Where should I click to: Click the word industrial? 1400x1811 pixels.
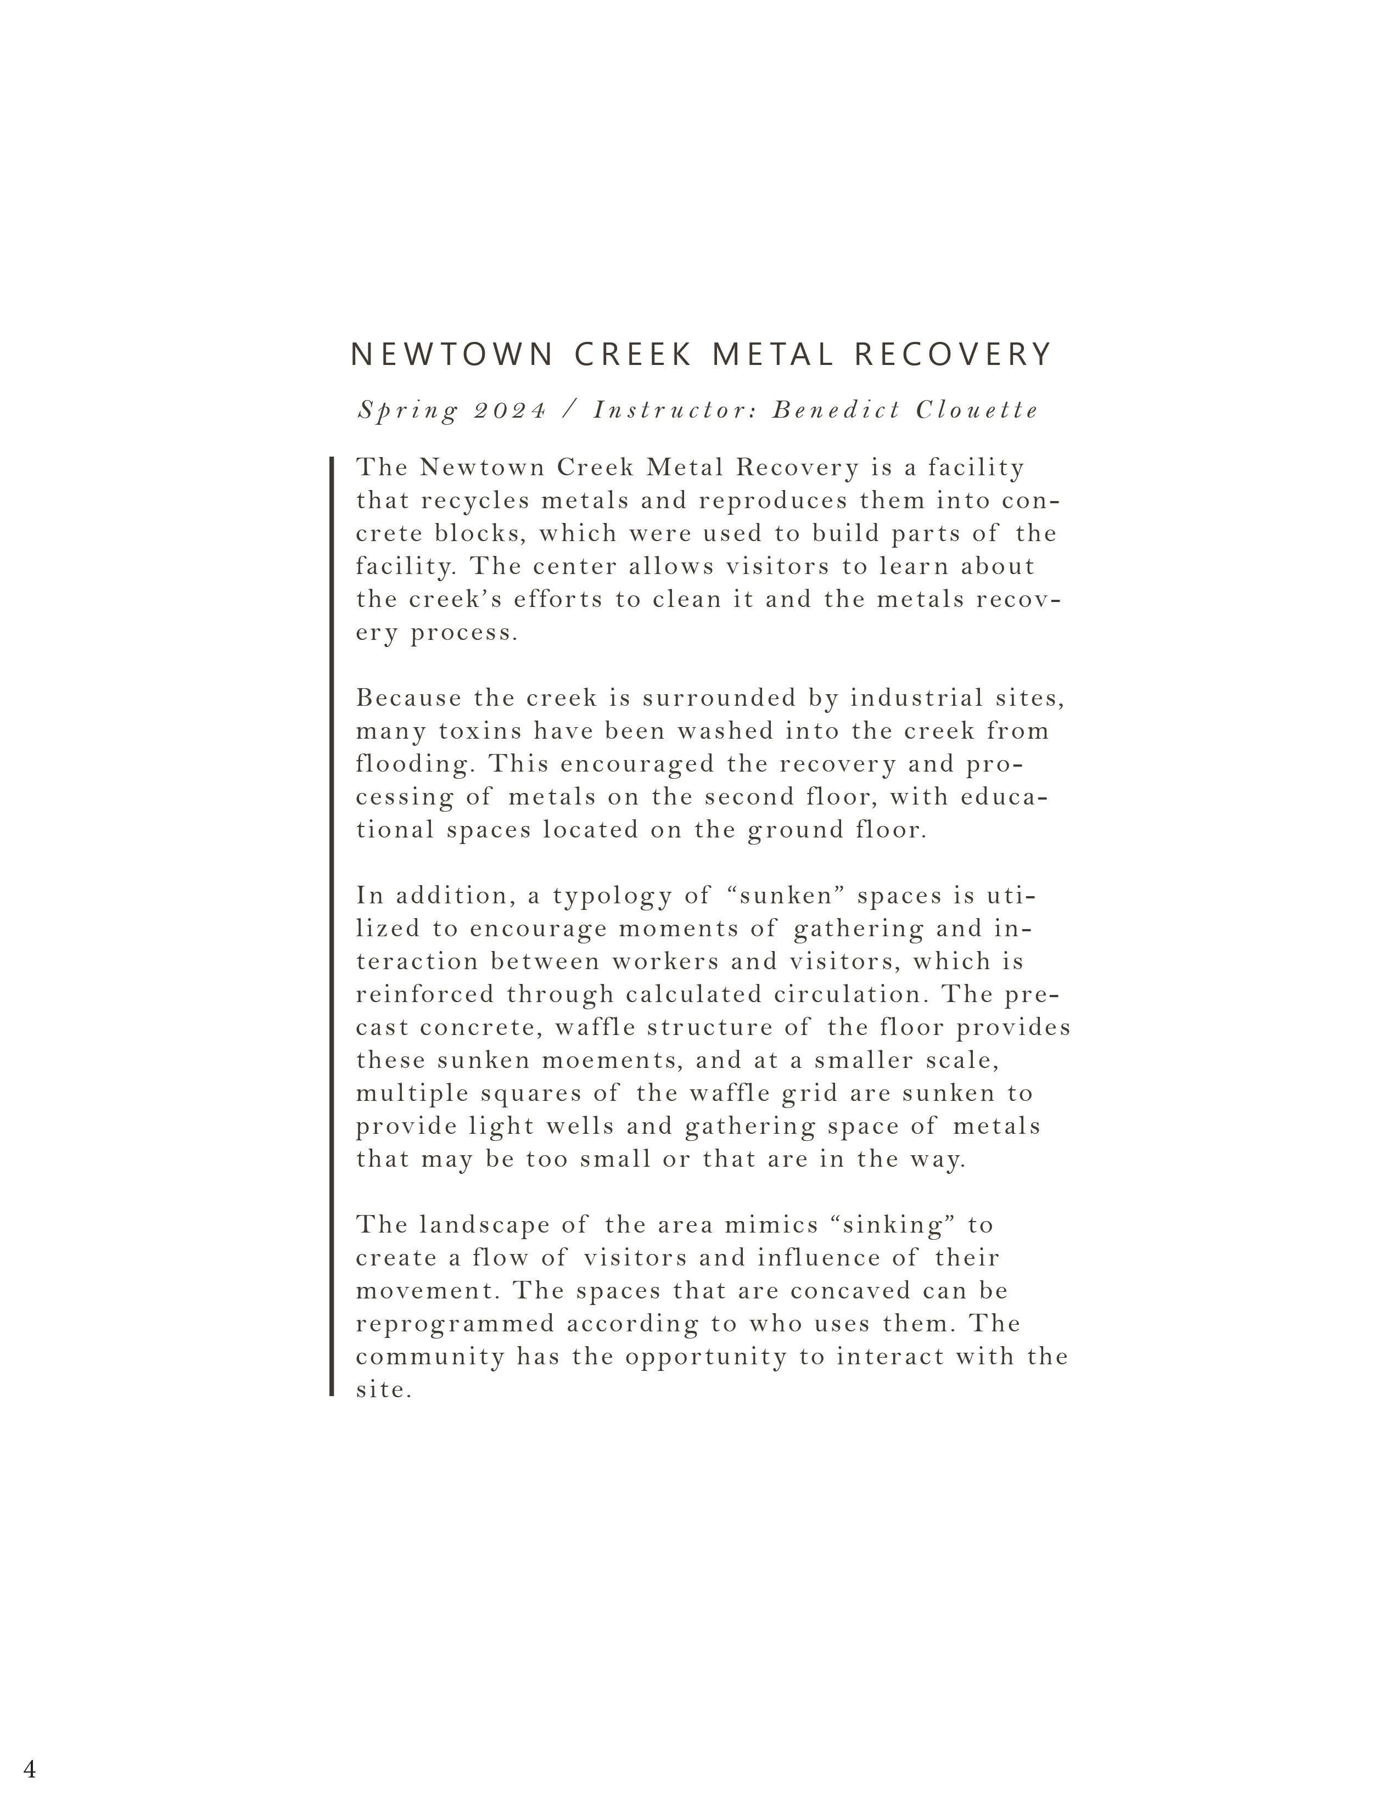(916, 698)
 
